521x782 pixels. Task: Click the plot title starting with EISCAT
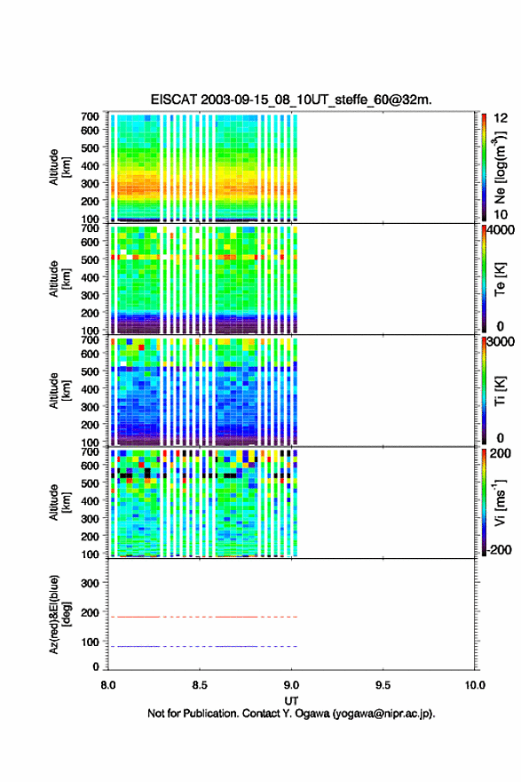(x=291, y=100)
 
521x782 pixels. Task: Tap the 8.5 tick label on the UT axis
(x=200, y=685)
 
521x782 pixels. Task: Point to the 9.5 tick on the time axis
(x=383, y=685)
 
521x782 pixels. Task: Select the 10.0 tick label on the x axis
(x=475, y=685)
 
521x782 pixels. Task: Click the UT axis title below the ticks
(x=291, y=701)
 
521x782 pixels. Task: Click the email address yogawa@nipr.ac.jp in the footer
(x=382, y=714)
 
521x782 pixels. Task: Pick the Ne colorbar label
(x=500, y=168)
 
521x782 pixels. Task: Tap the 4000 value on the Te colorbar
(x=501, y=230)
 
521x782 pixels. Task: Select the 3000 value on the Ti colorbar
(x=501, y=341)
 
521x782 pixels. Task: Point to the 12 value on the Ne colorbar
(x=501, y=118)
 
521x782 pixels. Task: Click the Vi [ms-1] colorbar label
(x=500, y=502)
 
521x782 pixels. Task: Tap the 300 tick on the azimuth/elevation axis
(x=90, y=583)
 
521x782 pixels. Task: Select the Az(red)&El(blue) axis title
(x=59, y=614)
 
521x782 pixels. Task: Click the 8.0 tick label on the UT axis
(x=108, y=685)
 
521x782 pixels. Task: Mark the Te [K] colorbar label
(x=500, y=279)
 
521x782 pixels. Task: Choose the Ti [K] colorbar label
(x=500, y=391)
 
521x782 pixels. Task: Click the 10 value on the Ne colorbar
(x=501, y=214)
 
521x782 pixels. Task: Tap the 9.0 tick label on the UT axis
(x=291, y=685)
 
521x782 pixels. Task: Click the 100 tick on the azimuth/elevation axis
(x=90, y=642)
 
